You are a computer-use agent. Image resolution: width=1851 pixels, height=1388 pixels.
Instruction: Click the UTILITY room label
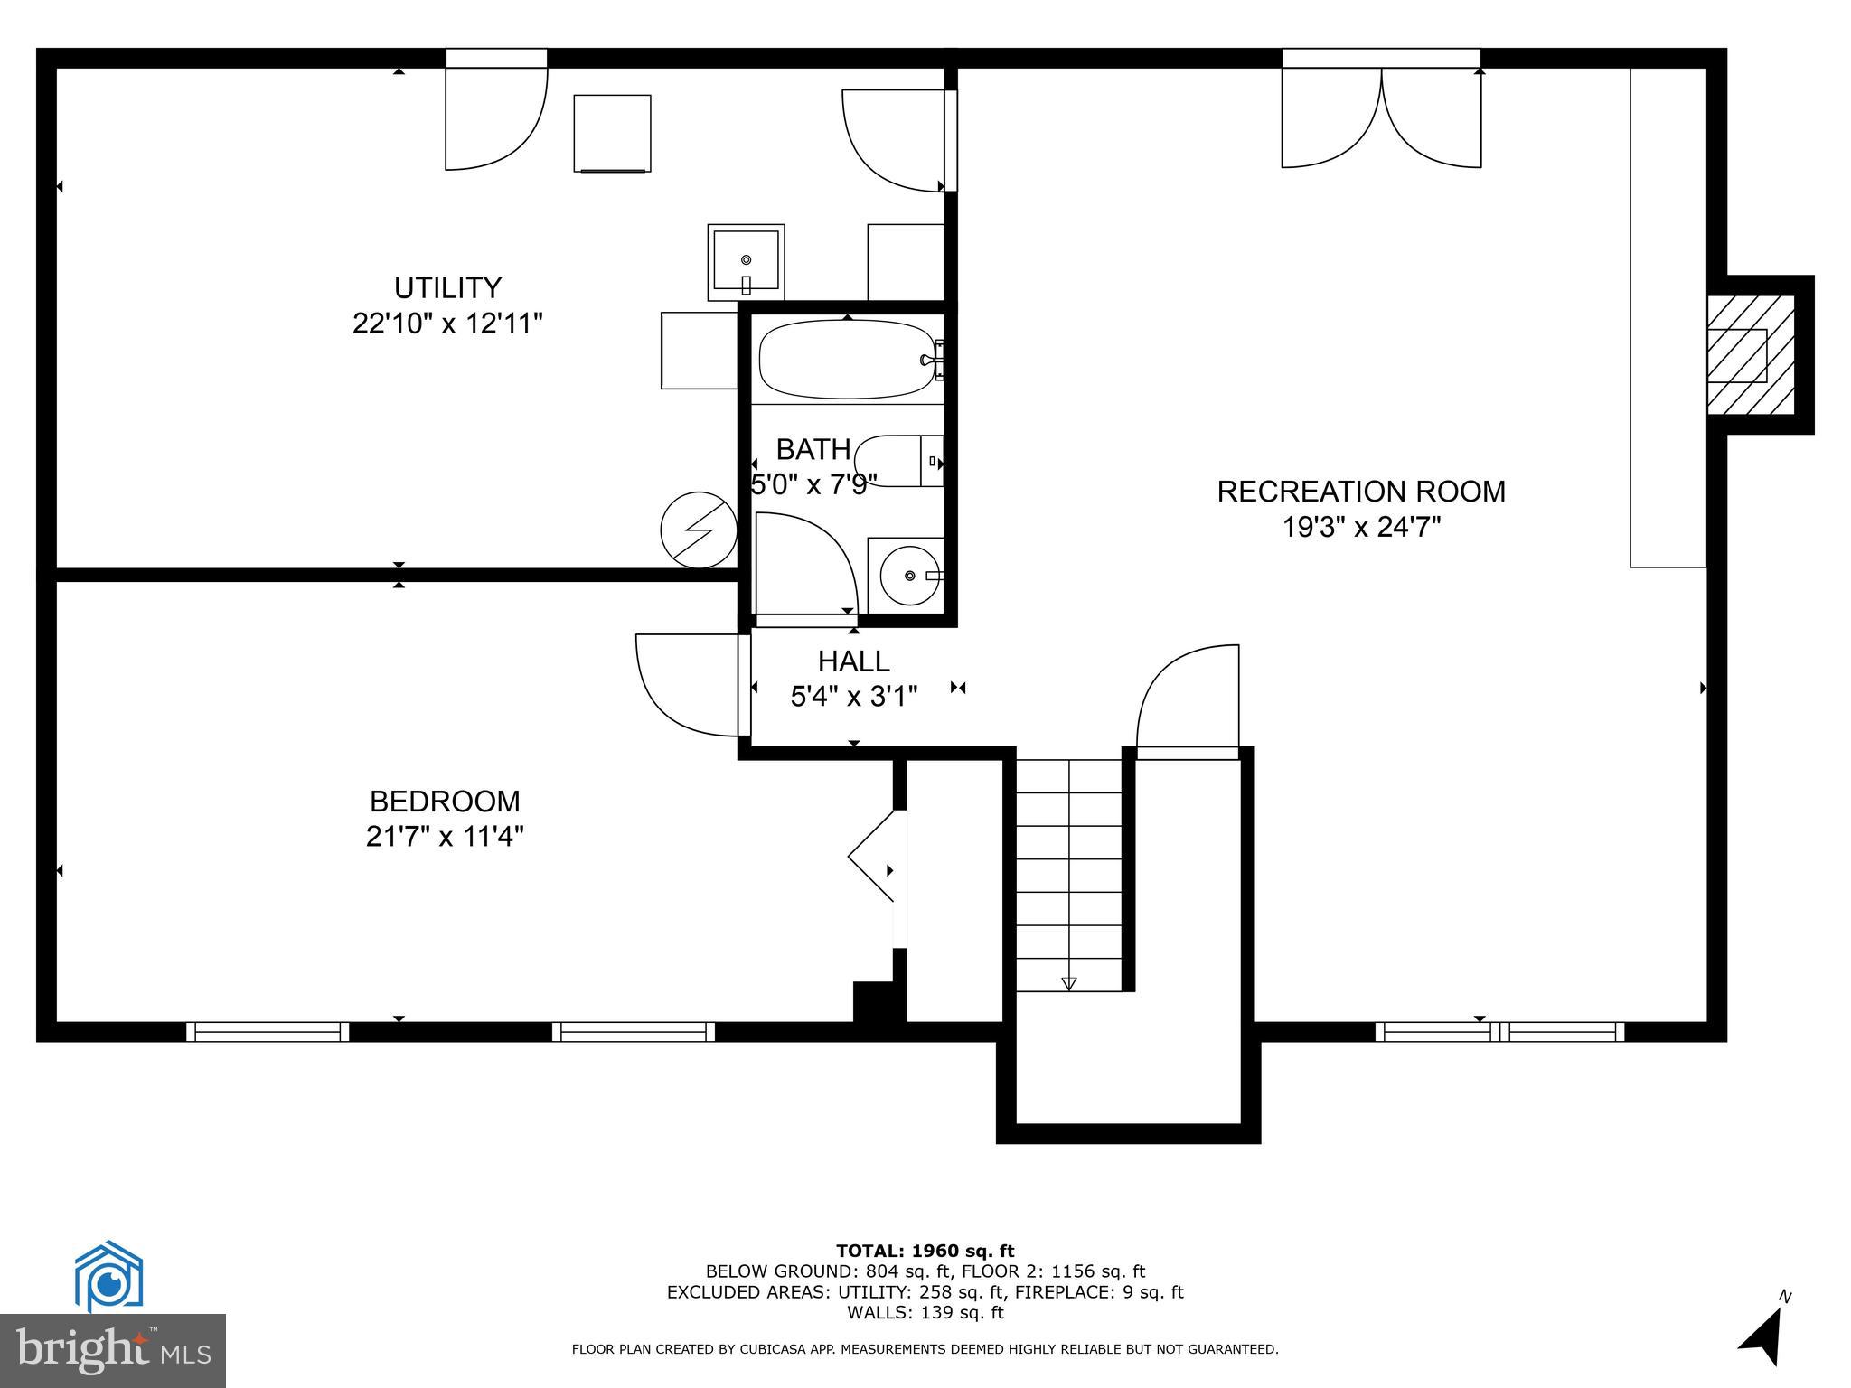[x=447, y=288]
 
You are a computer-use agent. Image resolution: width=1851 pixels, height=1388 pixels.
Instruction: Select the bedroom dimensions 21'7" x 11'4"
[x=445, y=837]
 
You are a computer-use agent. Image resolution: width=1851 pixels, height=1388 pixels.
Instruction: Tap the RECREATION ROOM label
[x=1361, y=492]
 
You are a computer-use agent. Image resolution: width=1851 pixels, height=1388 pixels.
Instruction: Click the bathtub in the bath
[x=847, y=360]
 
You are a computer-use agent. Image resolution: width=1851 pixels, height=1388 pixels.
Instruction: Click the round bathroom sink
[x=907, y=576]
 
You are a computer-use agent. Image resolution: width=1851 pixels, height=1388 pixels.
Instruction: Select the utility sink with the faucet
[x=746, y=262]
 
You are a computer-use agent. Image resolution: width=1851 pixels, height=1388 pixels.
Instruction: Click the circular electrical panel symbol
[x=699, y=530]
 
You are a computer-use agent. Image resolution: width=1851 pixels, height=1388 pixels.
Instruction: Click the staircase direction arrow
[x=1069, y=982]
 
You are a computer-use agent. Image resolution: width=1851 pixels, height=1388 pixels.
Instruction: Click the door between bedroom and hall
[x=689, y=685]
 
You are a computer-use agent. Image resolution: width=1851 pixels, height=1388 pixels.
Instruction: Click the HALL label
[x=853, y=661]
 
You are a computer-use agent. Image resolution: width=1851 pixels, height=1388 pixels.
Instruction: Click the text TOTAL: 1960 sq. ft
[x=925, y=1251]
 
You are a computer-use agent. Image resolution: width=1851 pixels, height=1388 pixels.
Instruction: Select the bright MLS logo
[x=113, y=1350]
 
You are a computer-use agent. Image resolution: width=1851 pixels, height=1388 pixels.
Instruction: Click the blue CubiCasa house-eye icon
[x=108, y=1277]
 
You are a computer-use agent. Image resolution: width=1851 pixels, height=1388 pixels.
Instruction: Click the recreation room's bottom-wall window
[x=1499, y=1031]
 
